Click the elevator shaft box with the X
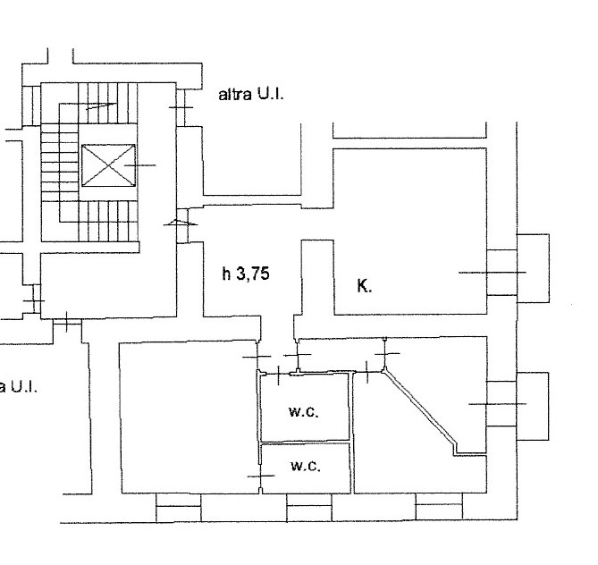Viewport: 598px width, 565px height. coord(109,165)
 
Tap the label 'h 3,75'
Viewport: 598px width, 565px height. coord(246,274)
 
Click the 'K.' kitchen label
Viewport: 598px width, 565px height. coord(364,286)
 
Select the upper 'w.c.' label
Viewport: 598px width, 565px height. coord(304,412)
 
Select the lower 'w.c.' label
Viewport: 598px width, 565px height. coord(306,466)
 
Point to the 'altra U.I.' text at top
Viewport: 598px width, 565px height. coord(251,94)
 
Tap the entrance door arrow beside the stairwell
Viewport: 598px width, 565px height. coord(181,223)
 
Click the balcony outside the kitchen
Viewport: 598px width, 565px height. coord(533,268)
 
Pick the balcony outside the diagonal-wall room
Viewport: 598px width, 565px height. coord(533,406)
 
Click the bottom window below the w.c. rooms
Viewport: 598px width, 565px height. coord(309,507)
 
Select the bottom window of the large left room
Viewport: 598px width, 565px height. coord(179,508)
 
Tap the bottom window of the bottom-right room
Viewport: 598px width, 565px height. coord(439,506)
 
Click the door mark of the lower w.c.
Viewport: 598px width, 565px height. coord(260,476)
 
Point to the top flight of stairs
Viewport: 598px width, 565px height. coord(108,103)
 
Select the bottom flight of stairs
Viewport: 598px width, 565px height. coord(108,222)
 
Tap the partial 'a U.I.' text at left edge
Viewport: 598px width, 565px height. coord(18,387)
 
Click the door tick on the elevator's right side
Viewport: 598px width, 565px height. coord(140,165)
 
